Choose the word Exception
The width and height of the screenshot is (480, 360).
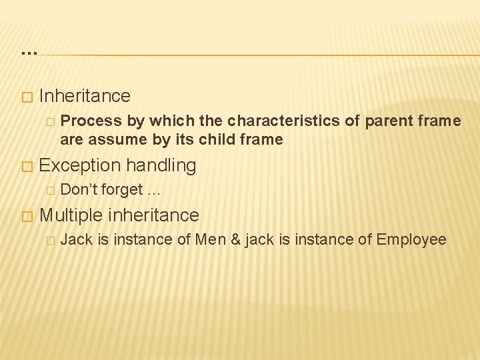(x=81, y=165)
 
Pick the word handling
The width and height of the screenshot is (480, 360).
(x=161, y=165)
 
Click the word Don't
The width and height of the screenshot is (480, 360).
(x=79, y=190)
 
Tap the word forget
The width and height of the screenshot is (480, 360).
(x=122, y=190)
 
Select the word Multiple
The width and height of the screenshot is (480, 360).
(x=71, y=215)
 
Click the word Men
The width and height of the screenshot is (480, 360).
(x=210, y=240)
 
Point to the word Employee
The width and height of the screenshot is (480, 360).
(x=411, y=240)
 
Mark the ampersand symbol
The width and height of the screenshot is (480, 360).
(x=235, y=240)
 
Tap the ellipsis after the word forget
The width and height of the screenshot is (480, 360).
(x=154, y=191)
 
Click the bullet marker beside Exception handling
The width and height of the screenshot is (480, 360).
(x=27, y=166)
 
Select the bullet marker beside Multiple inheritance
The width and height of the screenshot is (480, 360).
(x=27, y=216)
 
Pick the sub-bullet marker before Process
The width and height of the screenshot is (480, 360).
(x=49, y=121)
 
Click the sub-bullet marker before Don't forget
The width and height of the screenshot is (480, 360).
(x=49, y=191)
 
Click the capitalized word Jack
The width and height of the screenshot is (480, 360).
(x=76, y=240)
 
